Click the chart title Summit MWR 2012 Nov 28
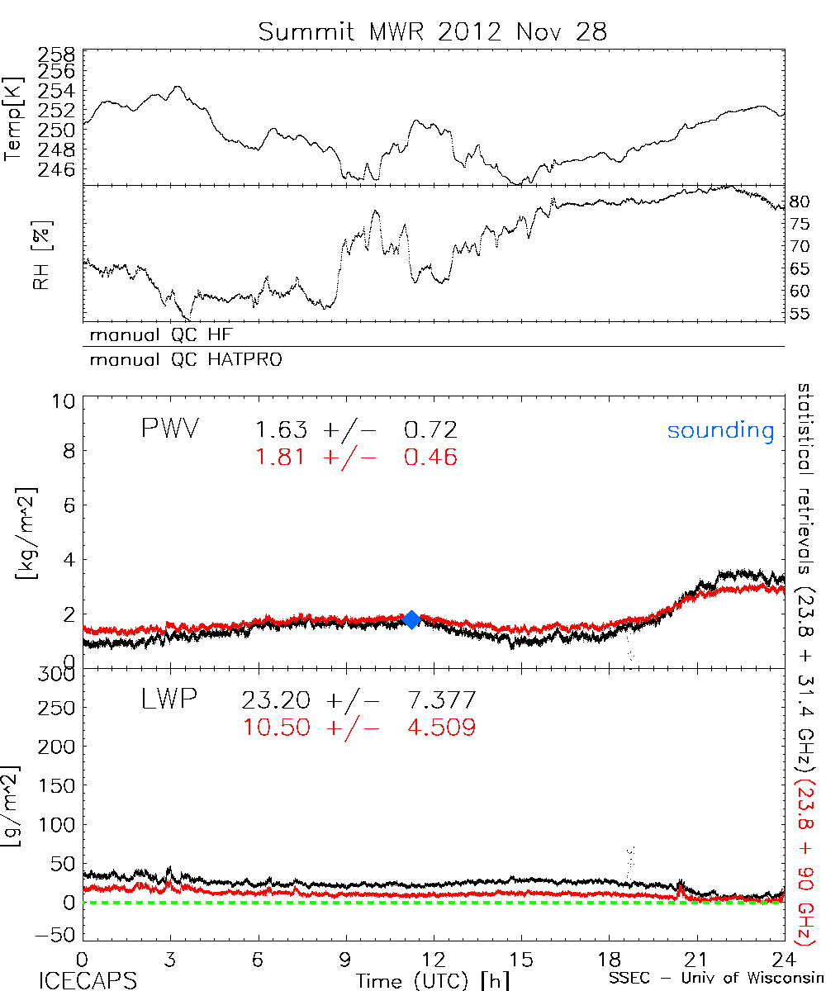(432, 31)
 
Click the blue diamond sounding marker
(411, 620)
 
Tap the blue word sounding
(721, 430)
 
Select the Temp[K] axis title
(15, 119)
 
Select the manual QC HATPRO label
(179, 360)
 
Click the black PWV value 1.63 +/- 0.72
(356, 430)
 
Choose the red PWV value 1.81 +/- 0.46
(356, 457)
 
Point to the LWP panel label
(169, 700)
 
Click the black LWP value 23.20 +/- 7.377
(358, 700)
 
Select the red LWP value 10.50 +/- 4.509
(358, 727)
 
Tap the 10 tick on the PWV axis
(65, 402)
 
